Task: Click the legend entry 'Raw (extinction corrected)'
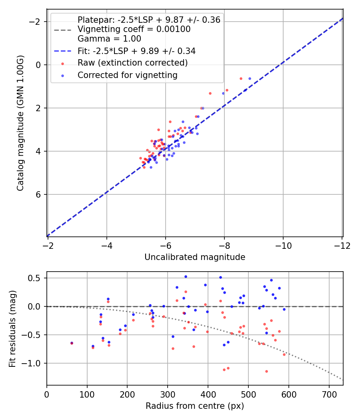(x=132, y=63)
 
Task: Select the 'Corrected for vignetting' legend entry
(x=128, y=75)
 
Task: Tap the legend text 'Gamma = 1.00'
(x=109, y=39)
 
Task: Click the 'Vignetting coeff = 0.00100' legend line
(x=134, y=29)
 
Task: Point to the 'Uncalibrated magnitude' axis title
(x=195, y=257)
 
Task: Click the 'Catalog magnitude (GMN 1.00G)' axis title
(x=21, y=123)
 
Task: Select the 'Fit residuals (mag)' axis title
(x=12, y=328)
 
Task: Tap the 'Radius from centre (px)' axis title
(x=195, y=406)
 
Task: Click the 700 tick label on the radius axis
(x=329, y=394)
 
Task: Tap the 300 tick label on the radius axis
(x=168, y=394)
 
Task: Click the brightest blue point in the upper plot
(x=250, y=78)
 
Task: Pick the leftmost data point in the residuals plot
(x=72, y=343)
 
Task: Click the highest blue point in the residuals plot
(x=186, y=276)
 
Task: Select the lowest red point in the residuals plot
(x=266, y=371)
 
